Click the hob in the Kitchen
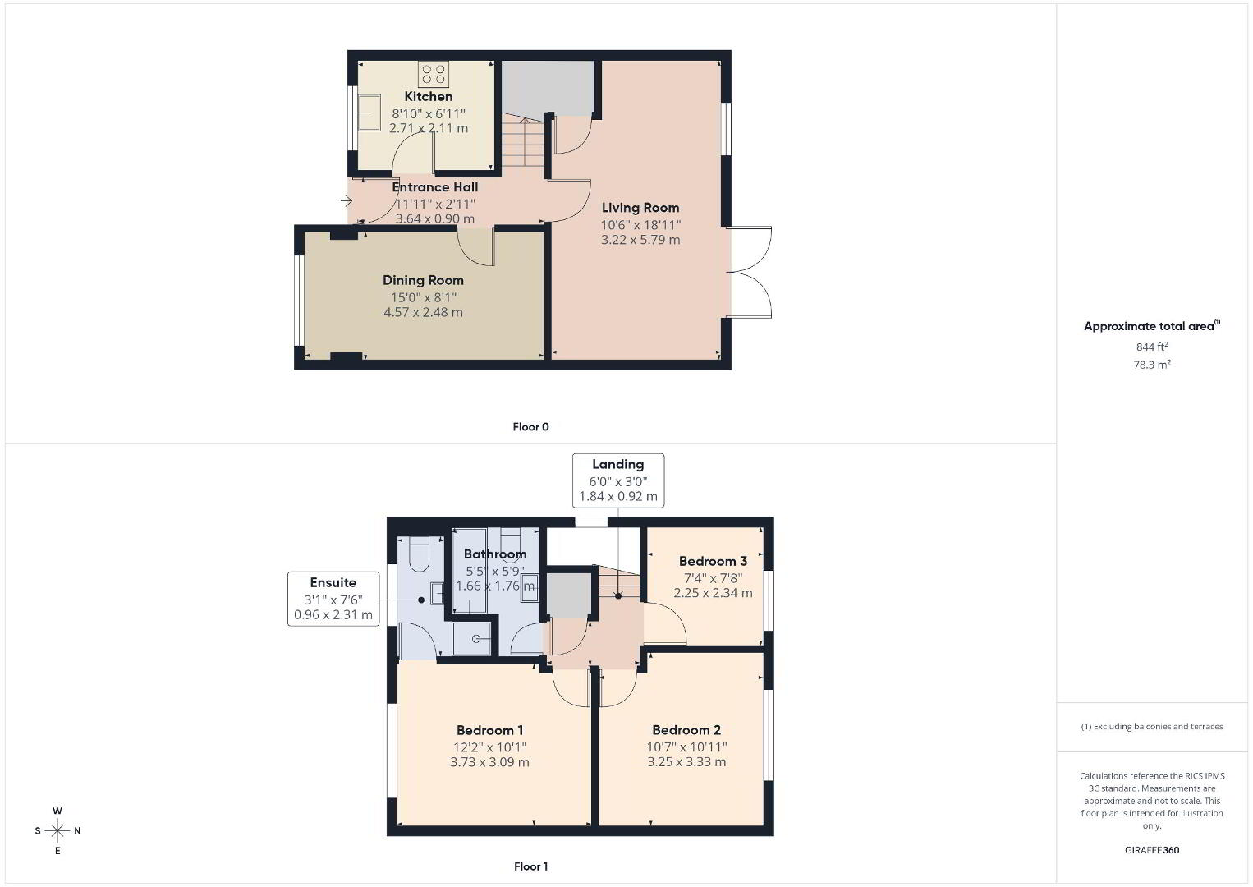click(x=434, y=75)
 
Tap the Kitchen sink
click(x=369, y=113)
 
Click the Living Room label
click(x=640, y=208)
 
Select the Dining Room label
click(x=423, y=280)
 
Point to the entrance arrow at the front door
click(x=347, y=201)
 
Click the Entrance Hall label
click(x=434, y=187)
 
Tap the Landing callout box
click(x=618, y=480)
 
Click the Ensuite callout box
click(x=333, y=599)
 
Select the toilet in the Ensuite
click(x=419, y=554)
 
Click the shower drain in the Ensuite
click(x=476, y=638)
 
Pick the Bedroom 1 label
click(x=489, y=730)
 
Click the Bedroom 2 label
click(x=686, y=730)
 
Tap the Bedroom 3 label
click(x=713, y=561)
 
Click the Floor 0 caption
click(x=531, y=427)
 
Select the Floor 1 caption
click(x=531, y=866)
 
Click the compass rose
click(x=57, y=830)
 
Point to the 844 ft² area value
click(x=1152, y=347)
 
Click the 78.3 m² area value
click(x=1152, y=365)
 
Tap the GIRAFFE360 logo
click(x=1152, y=850)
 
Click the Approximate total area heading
click(x=1152, y=326)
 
